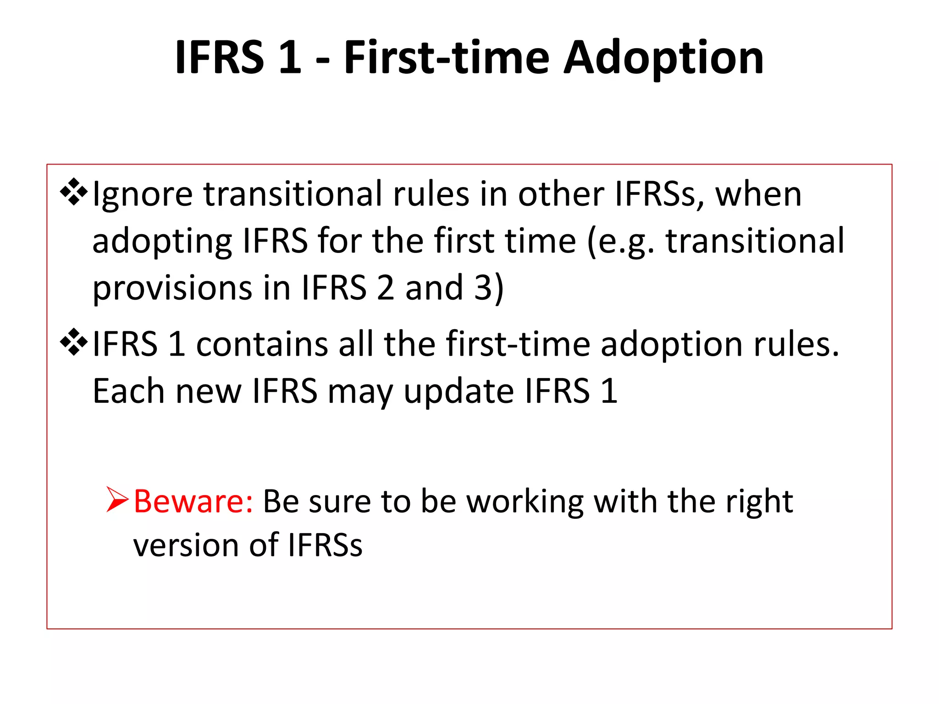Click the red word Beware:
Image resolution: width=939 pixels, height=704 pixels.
pos(193,501)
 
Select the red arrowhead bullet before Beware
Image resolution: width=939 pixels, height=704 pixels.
pos(117,500)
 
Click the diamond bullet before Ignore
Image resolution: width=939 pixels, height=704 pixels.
pos(74,191)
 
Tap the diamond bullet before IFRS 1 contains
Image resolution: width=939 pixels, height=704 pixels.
pos(74,342)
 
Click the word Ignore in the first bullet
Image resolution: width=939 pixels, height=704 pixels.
pos(142,195)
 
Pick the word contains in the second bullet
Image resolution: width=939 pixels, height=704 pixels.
pos(262,345)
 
